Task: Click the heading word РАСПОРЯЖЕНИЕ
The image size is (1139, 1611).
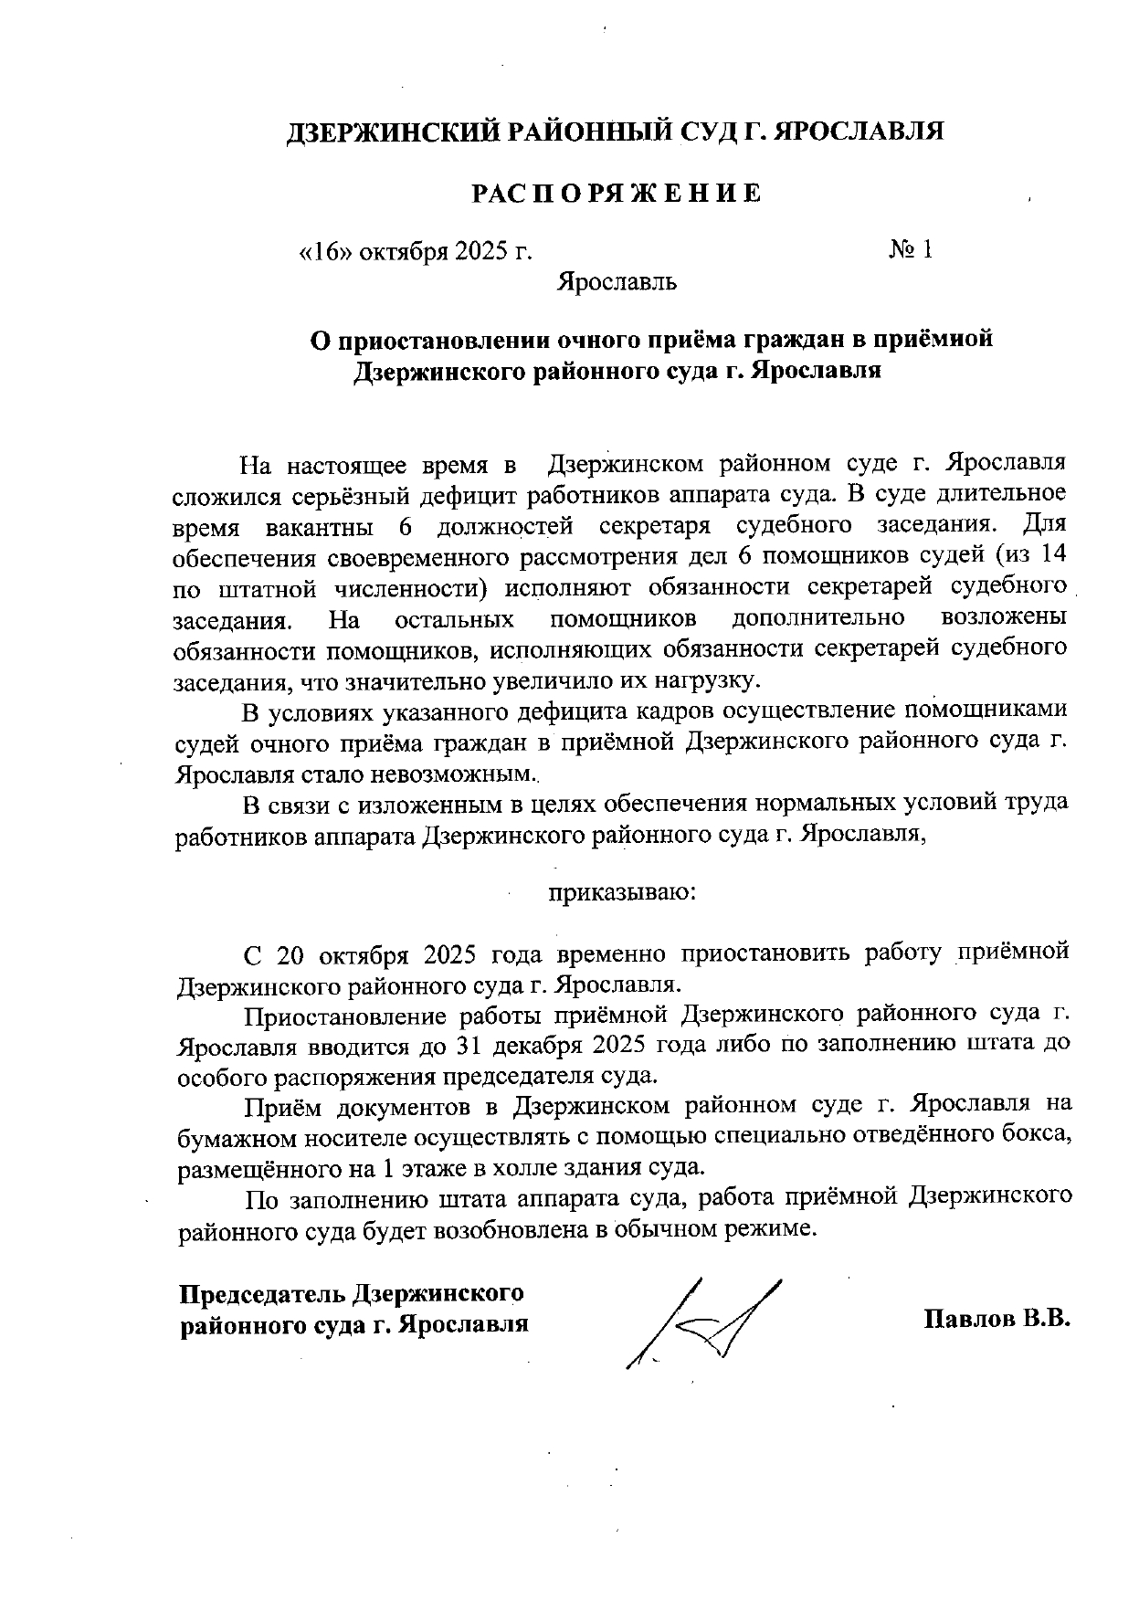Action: coord(615,194)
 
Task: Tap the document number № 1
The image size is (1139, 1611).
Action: coord(910,250)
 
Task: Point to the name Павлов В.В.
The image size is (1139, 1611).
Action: coord(997,1319)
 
